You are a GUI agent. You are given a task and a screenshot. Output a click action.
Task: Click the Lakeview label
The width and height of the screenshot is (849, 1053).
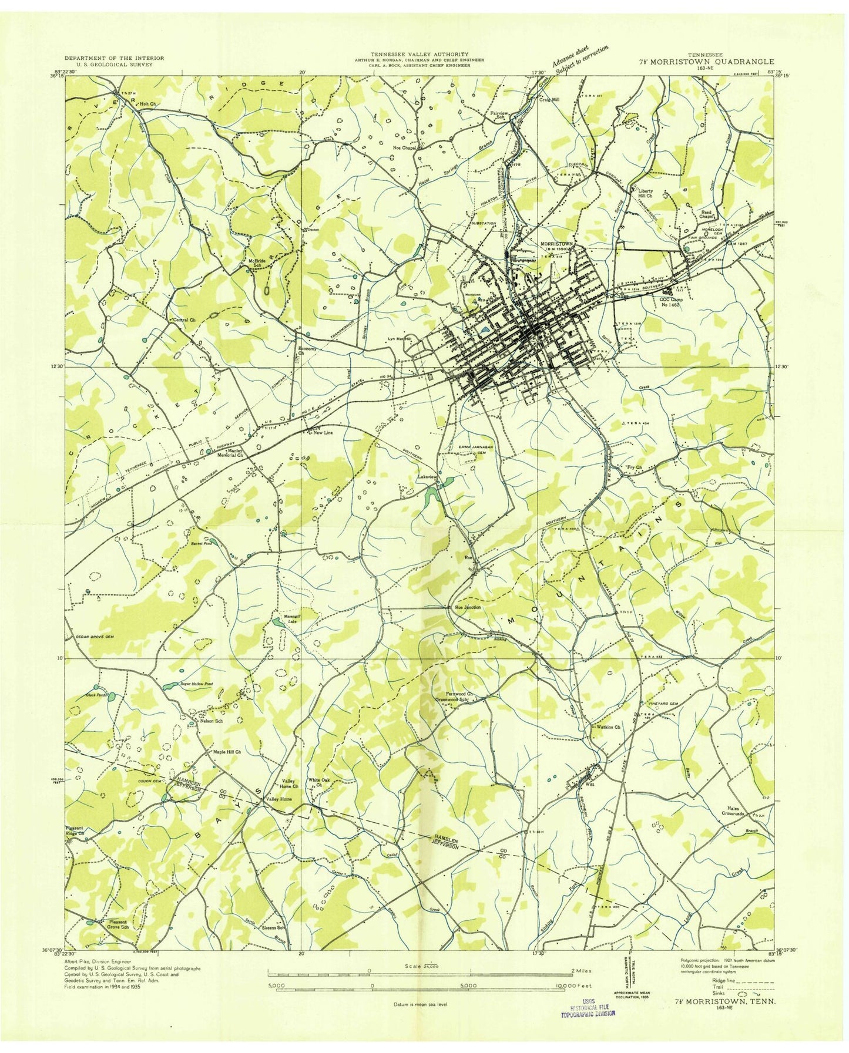428,477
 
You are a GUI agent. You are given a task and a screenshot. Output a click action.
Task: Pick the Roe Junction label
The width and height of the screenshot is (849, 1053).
468,607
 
